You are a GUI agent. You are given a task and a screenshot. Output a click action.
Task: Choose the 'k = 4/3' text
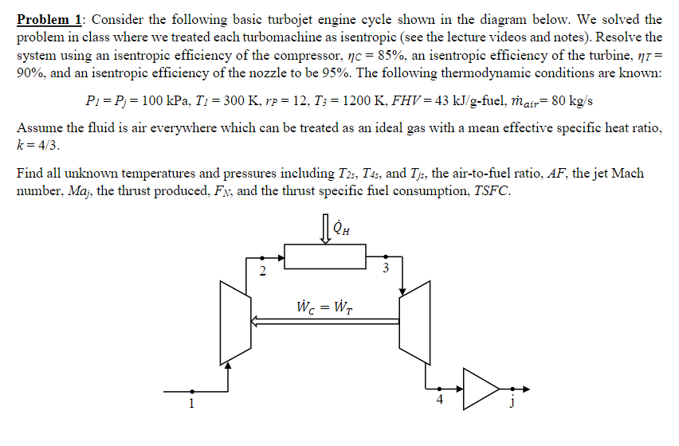[x=38, y=147]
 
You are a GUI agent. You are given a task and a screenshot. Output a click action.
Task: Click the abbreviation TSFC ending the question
[x=485, y=192]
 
